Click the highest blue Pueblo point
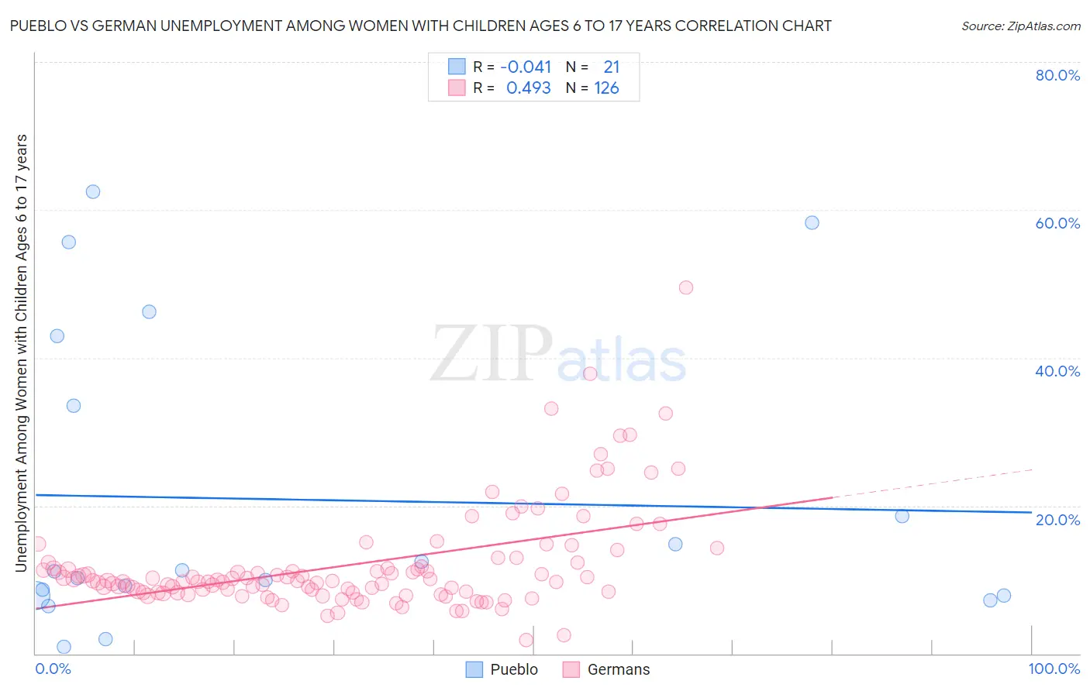93,191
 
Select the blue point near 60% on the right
812,222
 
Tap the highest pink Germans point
685,287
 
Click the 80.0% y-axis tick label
1057,75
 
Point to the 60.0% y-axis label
1057,223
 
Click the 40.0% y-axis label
1057,371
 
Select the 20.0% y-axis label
1057,520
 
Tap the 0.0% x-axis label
53,669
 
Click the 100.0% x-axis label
1054,669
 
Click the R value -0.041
526,67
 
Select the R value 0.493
528,88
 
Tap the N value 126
606,88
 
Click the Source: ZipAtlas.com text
1020,26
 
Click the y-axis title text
21,352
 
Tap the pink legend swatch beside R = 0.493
457,88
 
